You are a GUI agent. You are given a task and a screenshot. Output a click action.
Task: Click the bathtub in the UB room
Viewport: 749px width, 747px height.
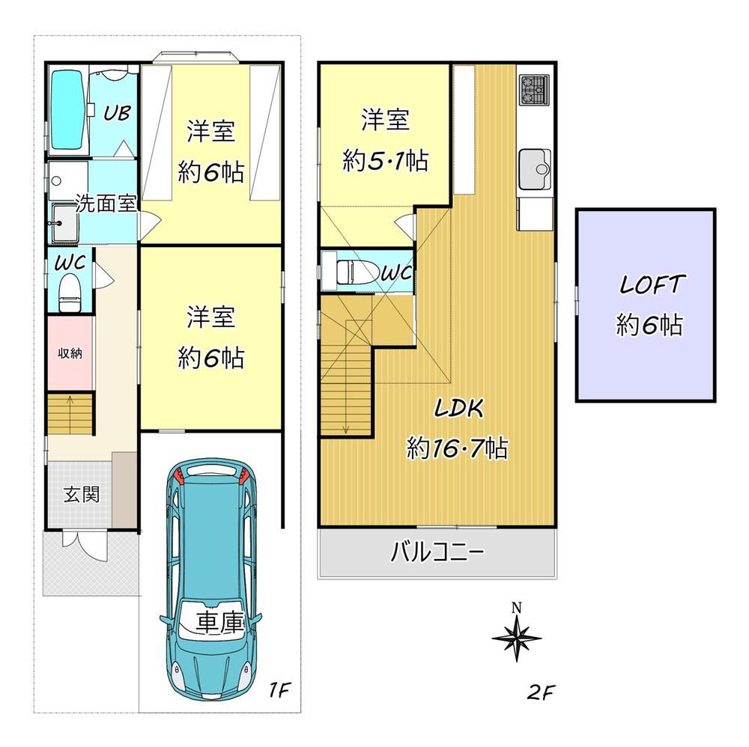tap(68, 110)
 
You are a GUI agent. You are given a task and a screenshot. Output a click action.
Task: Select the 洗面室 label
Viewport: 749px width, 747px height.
tap(106, 204)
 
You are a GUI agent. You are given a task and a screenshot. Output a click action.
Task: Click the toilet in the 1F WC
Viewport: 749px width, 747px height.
tap(70, 292)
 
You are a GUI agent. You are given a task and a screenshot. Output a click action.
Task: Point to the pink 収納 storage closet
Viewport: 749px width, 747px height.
tap(70, 353)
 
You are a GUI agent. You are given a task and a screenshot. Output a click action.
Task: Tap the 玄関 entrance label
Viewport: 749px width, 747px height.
tap(82, 494)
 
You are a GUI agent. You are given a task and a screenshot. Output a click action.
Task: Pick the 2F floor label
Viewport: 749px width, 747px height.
tap(542, 692)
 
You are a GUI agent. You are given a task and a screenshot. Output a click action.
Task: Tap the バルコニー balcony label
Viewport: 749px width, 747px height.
tap(437, 552)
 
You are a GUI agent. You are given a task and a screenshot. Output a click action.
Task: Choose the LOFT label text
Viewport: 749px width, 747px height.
tap(652, 284)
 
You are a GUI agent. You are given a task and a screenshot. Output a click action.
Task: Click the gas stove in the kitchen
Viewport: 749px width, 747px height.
tap(536, 89)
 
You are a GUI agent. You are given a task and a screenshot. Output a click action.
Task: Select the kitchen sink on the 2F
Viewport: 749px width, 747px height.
tap(535, 169)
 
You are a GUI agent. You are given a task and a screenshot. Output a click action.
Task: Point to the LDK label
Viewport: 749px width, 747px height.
tap(459, 409)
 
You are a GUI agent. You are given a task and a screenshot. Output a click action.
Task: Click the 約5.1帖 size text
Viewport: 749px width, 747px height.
tap(386, 161)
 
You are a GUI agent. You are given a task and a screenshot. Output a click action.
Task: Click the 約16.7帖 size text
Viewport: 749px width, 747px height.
tap(457, 448)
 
